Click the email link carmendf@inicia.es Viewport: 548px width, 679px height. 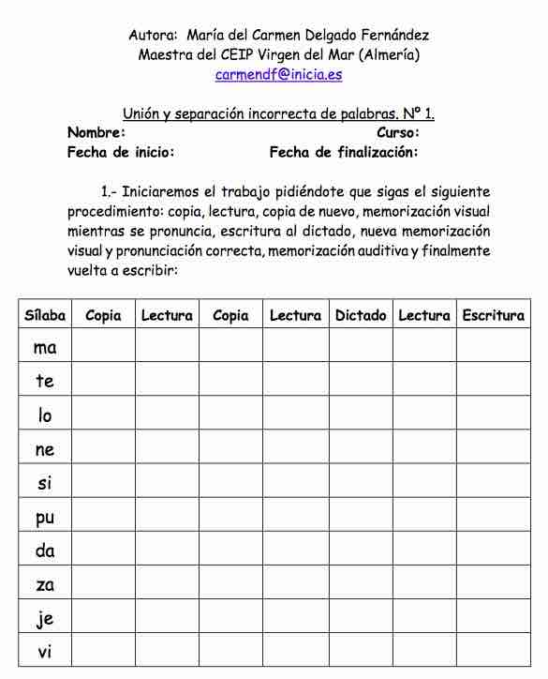click(278, 74)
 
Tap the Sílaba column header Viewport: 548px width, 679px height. click(45, 316)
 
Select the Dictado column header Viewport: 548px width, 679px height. click(361, 316)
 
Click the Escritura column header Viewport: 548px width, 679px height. click(493, 316)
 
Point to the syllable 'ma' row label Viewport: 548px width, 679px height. click(45, 348)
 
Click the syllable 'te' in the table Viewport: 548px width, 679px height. click(45, 382)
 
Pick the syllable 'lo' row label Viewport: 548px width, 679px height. click(45, 415)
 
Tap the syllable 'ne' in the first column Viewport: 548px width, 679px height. click(45, 450)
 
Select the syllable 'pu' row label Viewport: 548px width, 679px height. click(45, 518)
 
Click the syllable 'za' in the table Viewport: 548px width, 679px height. click(45, 585)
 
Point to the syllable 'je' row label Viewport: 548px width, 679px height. click(45, 619)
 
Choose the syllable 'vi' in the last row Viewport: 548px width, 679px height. click(45, 653)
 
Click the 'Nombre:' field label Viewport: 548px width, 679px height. click(96, 133)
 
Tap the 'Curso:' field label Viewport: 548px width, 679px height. click(397, 133)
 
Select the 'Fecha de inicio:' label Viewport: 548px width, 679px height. click(121, 152)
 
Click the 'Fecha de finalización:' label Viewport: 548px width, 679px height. click(344, 152)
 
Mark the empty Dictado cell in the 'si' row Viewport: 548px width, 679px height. click(361, 484)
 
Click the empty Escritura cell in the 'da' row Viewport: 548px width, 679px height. click(493, 551)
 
